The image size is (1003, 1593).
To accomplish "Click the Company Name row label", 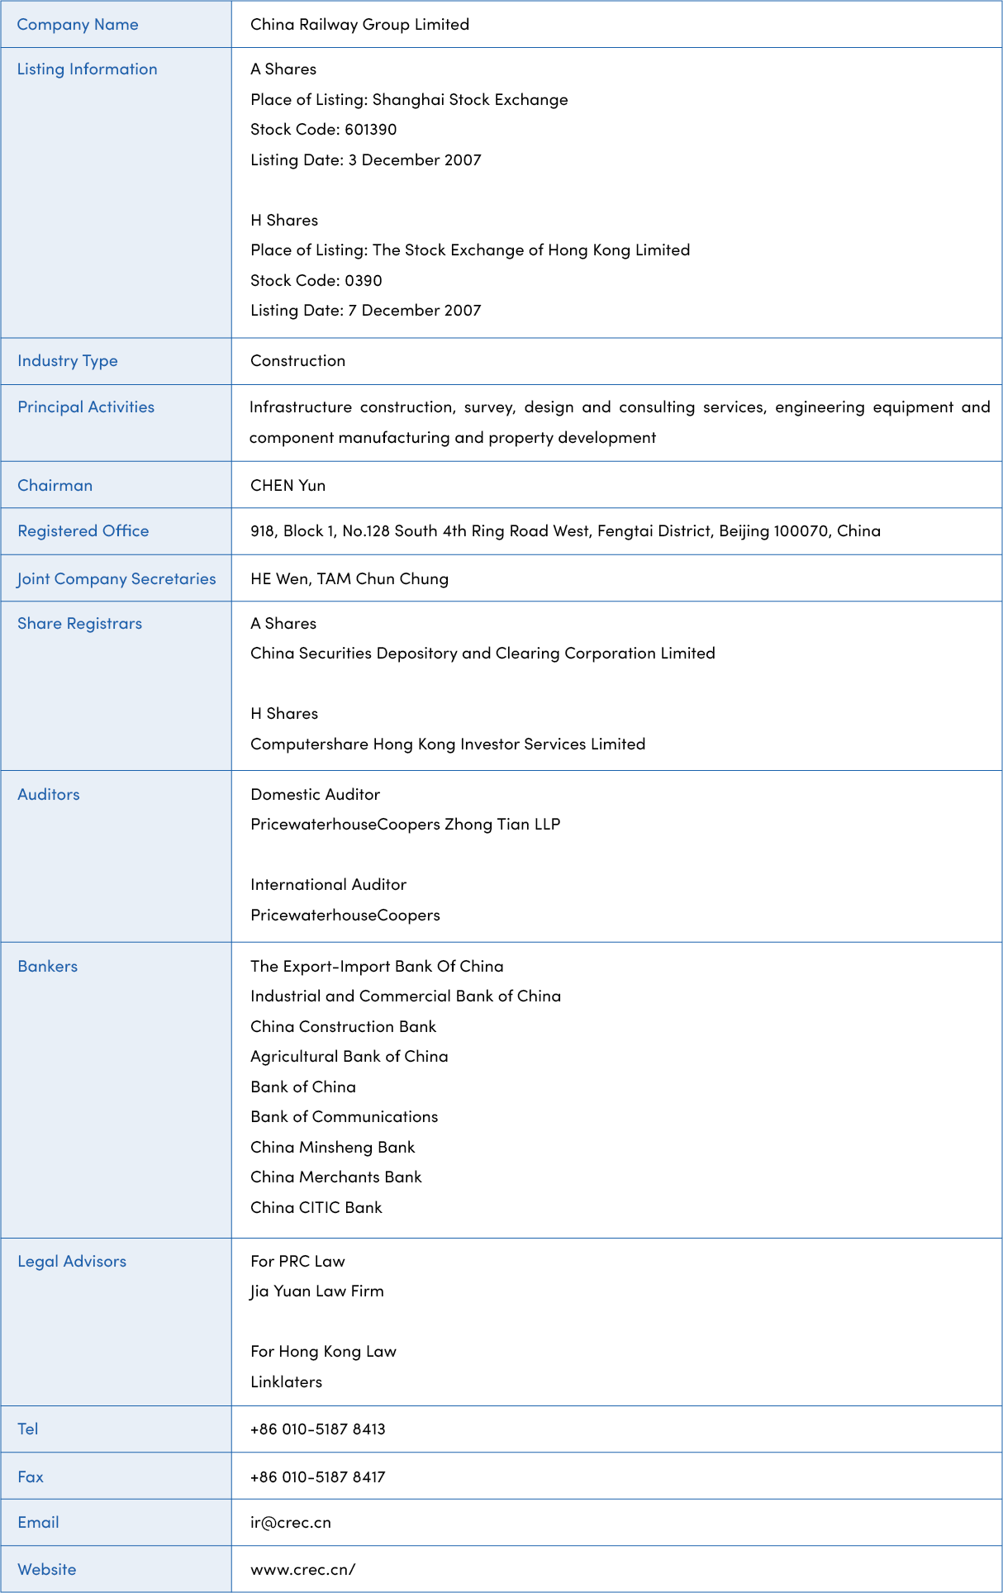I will [78, 25].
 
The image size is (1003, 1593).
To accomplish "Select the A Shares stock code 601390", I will [370, 130].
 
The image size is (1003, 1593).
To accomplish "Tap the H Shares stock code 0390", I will [364, 281].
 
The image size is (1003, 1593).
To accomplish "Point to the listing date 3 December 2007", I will [415, 160].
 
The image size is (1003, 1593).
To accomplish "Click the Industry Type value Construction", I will [297, 361].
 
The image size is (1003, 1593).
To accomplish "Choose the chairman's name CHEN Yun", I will [288, 486].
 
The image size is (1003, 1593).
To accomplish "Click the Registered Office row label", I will [83, 531].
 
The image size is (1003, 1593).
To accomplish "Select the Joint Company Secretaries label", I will [116, 579].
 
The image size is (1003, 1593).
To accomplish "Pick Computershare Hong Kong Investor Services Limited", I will [448, 744].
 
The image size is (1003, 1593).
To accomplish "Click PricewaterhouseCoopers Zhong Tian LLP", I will [405, 825].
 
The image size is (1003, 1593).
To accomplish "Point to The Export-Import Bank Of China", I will [377, 967].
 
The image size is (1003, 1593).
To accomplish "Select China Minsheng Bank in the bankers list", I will [332, 1148].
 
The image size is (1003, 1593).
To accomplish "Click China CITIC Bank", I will [316, 1208].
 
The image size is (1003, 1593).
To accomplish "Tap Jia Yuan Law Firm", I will [317, 1291].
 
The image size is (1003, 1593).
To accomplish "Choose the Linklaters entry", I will [286, 1382].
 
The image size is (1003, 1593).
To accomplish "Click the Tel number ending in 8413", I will [318, 1429].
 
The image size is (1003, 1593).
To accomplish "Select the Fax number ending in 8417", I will [318, 1477].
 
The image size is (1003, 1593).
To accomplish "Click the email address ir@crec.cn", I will [290, 1523].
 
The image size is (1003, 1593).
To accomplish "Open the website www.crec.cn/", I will [302, 1570].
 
